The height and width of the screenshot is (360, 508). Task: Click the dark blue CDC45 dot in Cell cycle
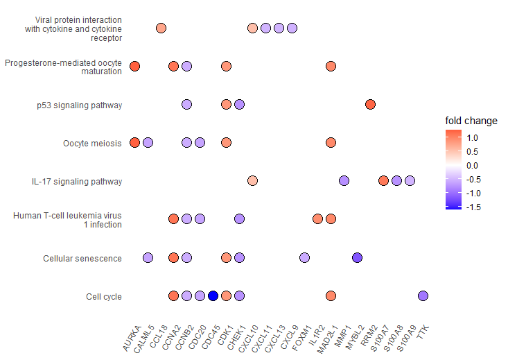pyautogui.click(x=213, y=296)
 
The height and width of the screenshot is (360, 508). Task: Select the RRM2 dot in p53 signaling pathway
pyautogui.click(x=370, y=105)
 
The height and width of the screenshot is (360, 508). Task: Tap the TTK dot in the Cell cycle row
pyautogui.click(x=423, y=296)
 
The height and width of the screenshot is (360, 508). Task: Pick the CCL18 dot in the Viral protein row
pyautogui.click(x=161, y=28)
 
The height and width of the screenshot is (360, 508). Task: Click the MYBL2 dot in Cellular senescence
pyautogui.click(x=357, y=258)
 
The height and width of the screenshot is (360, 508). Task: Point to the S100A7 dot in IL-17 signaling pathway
pyautogui.click(x=383, y=181)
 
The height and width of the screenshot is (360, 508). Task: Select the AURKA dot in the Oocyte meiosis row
pyautogui.click(x=134, y=143)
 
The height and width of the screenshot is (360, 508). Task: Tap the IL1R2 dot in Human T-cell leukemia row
pyautogui.click(x=317, y=219)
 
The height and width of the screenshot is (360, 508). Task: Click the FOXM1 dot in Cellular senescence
pyautogui.click(x=304, y=258)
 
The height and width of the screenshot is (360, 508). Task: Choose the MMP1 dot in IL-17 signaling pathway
pyautogui.click(x=344, y=181)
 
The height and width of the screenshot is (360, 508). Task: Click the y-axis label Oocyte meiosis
pyautogui.click(x=92, y=144)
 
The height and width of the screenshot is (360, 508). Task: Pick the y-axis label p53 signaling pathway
pyautogui.click(x=80, y=105)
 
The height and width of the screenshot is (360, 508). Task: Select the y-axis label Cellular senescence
pyautogui.click(x=82, y=259)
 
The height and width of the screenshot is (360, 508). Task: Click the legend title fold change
pyautogui.click(x=471, y=121)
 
